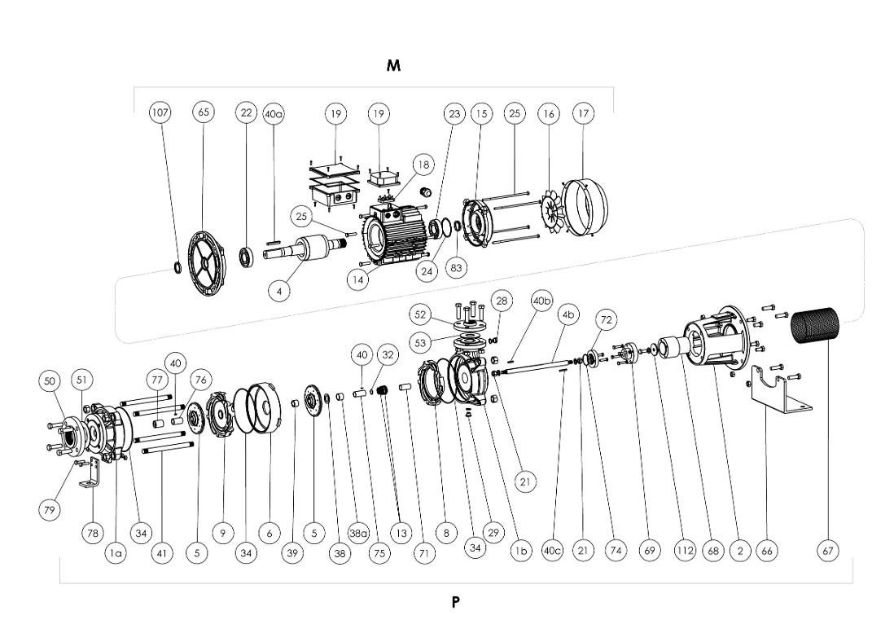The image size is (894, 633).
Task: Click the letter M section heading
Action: pos(394,65)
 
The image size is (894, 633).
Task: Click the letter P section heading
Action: pos(456,602)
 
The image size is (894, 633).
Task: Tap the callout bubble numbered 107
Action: pos(160,112)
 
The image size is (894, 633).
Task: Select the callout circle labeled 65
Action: pos(203,112)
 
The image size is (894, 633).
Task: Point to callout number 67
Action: pos(828,551)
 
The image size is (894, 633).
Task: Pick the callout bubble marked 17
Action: pos(583,113)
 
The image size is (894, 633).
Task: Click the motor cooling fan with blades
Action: pos(546,211)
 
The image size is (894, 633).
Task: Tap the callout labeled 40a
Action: pos(274,113)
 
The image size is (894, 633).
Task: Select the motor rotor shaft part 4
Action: pos(303,249)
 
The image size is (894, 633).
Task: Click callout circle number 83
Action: pos(457,266)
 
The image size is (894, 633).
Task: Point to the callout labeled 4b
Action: pos(568,314)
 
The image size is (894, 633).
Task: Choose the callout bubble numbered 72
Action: pos(604,320)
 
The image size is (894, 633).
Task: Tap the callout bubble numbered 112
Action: pos(685,551)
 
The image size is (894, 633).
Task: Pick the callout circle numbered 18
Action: pos(423,164)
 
